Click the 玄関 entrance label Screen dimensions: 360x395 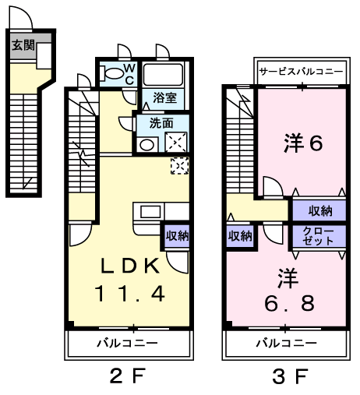[23, 45]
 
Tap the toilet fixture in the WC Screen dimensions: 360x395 [112, 73]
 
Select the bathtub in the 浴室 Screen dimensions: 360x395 [163, 74]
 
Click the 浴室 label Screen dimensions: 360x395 [164, 97]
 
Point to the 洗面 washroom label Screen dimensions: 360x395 [161, 123]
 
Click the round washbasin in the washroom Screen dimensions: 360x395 [147, 145]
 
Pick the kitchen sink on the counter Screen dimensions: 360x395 [150, 211]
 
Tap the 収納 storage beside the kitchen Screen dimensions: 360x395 [178, 236]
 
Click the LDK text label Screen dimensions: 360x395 [130, 266]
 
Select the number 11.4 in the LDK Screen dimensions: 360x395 [130, 294]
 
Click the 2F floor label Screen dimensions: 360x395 [126, 376]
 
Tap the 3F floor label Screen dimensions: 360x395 [291, 376]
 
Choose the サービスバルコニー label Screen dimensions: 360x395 [302, 71]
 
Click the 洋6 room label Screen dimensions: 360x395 [303, 143]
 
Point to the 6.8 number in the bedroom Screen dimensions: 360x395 [289, 303]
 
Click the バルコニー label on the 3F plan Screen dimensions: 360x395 [286, 343]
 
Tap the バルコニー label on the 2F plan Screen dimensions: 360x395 [127, 343]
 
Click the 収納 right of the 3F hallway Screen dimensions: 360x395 [320, 211]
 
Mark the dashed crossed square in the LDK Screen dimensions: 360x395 [180, 166]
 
